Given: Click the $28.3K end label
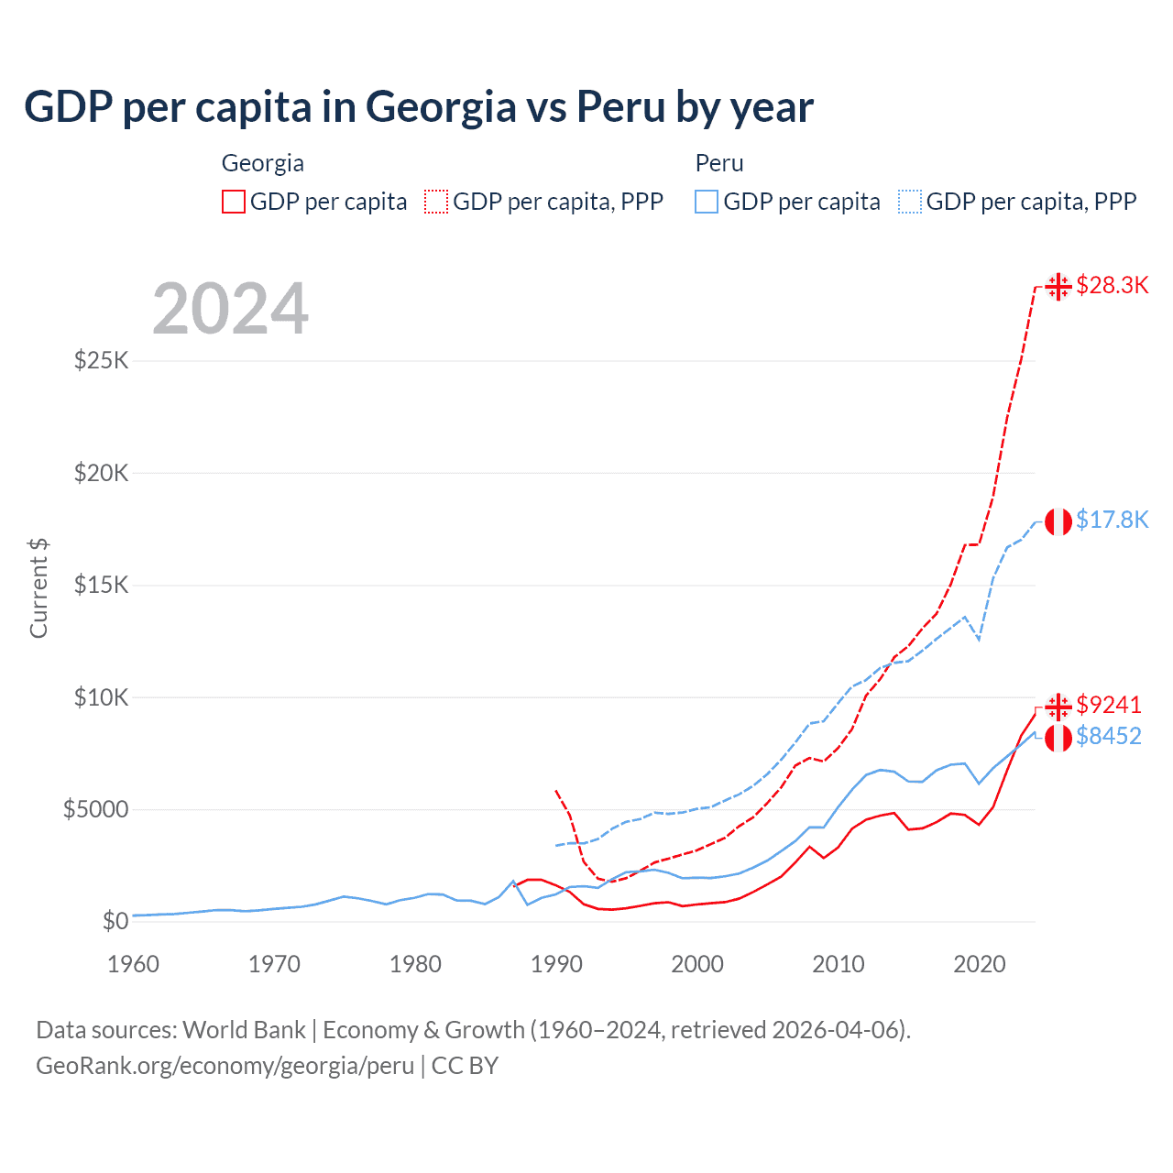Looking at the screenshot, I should click(1112, 286).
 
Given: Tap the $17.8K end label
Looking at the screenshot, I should click(1112, 521).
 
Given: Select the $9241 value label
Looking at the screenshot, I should click(1108, 705).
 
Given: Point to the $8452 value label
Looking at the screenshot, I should click(1108, 736).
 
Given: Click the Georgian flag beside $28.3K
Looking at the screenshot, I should click(1058, 287).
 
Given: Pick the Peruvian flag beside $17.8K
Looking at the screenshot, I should click(1058, 521).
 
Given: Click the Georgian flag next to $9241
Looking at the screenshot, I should click(1058, 706).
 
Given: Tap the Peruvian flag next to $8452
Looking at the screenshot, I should click(1058, 737).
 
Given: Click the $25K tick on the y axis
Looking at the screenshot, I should click(102, 360).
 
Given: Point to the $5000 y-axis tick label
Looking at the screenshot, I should click(96, 809).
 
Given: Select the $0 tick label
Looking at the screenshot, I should click(115, 921).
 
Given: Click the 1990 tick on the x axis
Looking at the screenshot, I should click(556, 964).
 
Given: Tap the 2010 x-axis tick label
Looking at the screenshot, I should click(839, 964).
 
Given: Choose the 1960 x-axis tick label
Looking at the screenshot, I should click(134, 964).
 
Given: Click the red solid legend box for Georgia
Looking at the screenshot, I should click(234, 202).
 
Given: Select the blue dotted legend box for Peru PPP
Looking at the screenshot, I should click(910, 202).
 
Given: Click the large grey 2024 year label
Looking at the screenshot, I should click(230, 309).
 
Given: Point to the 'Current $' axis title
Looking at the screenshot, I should click(38, 588).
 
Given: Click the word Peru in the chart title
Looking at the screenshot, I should click(620, 106).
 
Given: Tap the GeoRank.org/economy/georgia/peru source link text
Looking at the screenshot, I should click(225, 1066).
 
